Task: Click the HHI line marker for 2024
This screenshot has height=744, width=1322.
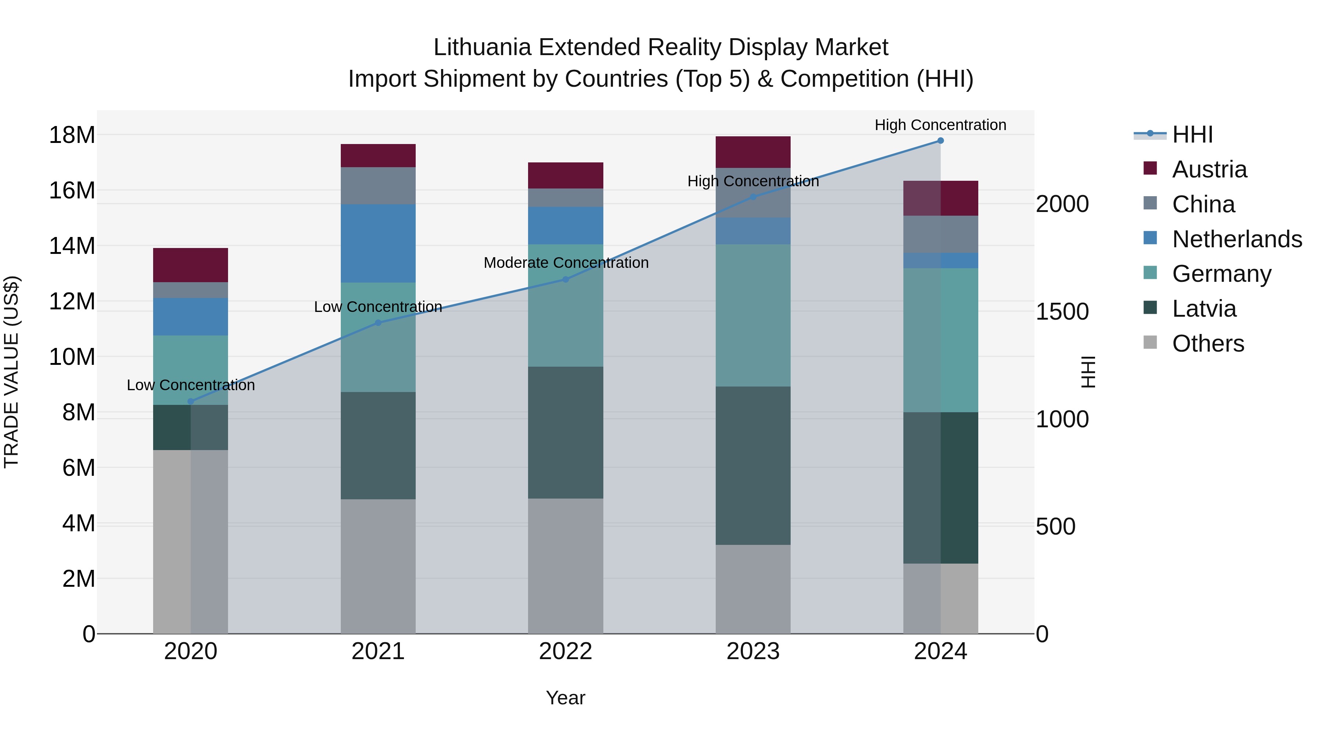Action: tap(940, 141)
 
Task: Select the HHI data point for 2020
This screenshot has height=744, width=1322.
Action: tap(190, 402)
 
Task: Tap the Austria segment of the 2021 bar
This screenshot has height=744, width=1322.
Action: tap(378, 155)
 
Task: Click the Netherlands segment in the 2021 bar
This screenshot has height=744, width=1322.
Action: tap(378, 243)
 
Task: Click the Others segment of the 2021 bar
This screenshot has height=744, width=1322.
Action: tap(378, 566)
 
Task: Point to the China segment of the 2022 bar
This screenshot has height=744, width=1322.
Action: tap(566, 198)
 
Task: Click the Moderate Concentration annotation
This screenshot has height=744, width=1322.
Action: tap(566, 263)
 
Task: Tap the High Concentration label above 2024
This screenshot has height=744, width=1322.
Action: tap(940, 125)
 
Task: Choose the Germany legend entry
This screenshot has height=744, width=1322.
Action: tap(1221, 274)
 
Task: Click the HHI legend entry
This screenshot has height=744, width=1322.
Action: tap(1192, 134)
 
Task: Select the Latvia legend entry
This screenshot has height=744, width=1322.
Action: tap(1204, 309)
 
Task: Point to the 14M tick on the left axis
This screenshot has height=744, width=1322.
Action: tap(72, 246)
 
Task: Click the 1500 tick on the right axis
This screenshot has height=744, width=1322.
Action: tap(1062, 312)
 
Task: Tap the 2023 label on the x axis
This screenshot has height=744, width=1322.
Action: tap(753, 651)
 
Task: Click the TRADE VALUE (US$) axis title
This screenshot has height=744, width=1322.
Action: tap(11, 372)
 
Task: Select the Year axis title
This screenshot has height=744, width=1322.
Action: tap(566, 698)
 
